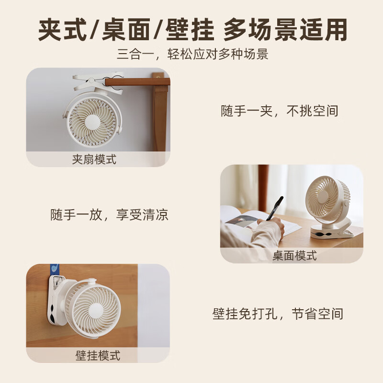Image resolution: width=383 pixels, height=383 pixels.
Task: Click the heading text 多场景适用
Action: pos(285,30)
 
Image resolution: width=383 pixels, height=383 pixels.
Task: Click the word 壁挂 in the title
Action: pos(189,30)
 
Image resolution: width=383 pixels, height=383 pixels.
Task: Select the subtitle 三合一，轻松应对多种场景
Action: pos(192,54)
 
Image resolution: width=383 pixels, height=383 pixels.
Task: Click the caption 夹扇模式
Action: pos(94,159)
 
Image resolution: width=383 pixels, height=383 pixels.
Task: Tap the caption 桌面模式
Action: pos(294,255)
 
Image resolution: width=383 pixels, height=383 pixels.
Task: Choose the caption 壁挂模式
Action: pos(98,355)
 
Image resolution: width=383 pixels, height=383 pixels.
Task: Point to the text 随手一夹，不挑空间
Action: pos(280,111)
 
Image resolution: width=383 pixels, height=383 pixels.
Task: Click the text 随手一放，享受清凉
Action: pos(110,214)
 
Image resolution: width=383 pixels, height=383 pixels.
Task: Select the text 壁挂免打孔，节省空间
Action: pos(278,314)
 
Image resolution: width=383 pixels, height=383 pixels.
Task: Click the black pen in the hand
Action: pos(275,207)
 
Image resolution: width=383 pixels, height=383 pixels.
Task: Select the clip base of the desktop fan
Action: pos(331,231)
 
